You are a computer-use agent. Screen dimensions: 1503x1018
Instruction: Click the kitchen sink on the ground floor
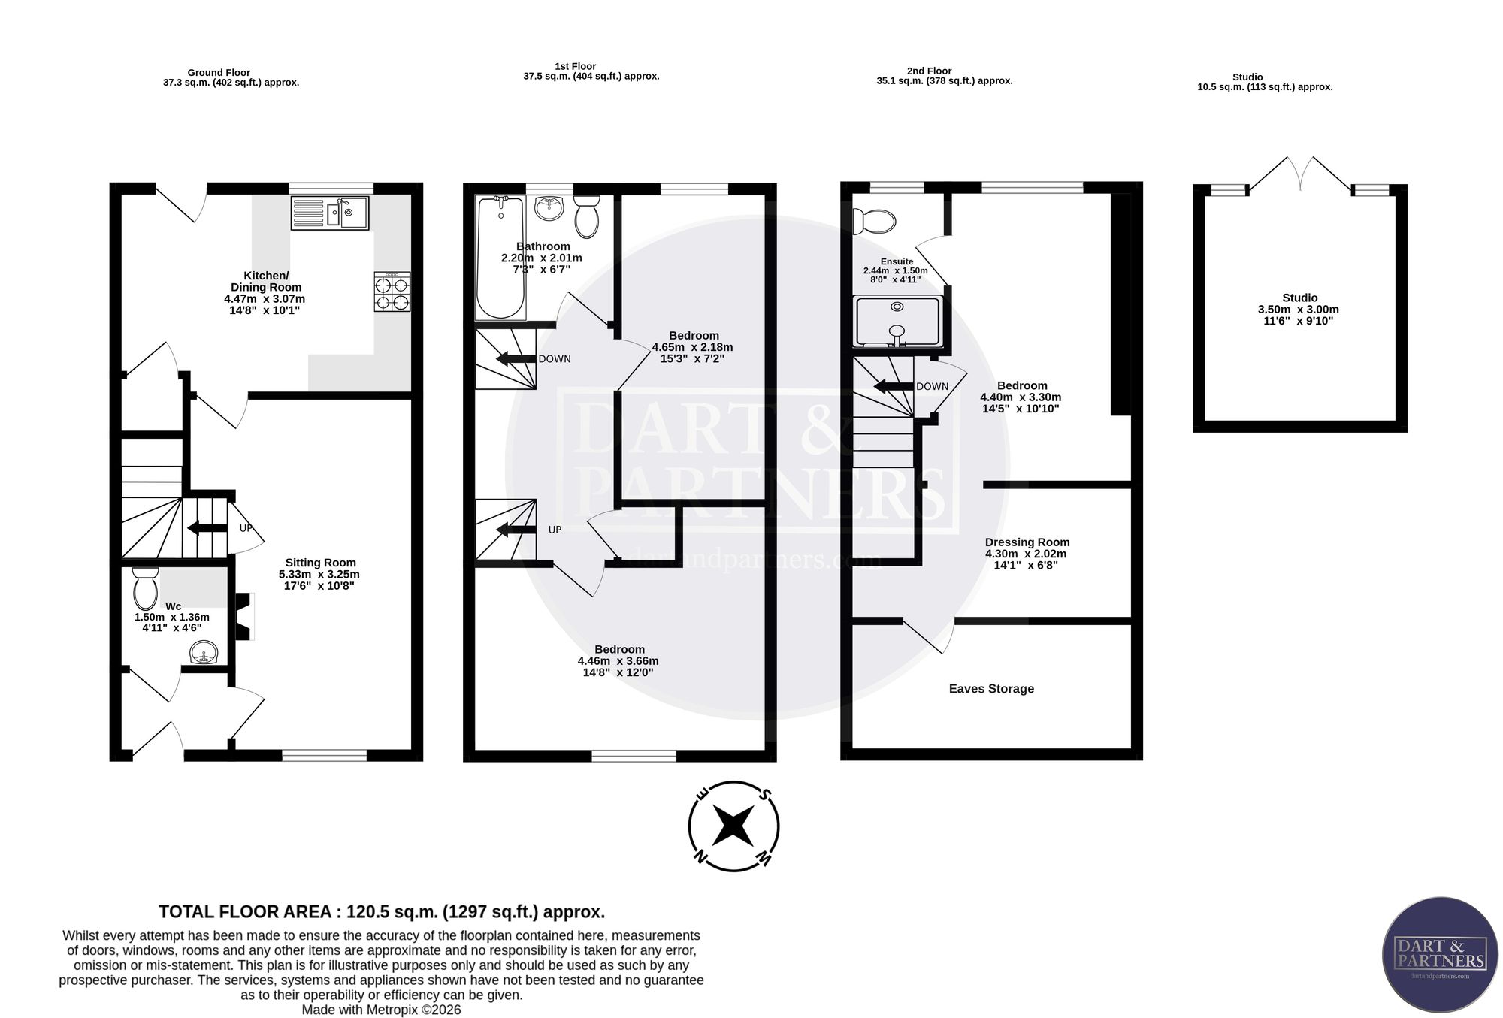pyautogui.click(x=330, y=213)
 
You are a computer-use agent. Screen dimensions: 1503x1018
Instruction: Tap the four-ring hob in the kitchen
pyautogui.click(x=392, y=292)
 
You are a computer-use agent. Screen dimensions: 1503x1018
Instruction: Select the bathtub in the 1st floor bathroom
pyautogui.click(x=500, y=258)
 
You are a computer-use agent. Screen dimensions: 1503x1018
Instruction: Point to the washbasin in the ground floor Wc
pyautogui.click(x=204, y=653)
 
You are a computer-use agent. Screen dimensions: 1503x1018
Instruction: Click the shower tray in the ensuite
pyautogui.click(x=897, y=322)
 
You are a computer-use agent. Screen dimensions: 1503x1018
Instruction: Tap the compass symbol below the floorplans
pyautogui.click(x=733, y=826)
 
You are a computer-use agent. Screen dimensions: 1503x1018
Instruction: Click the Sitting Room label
pyautogui.click(x=320, y=563)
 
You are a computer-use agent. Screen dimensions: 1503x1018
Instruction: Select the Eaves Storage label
pyautogui.click(x=991, y=689)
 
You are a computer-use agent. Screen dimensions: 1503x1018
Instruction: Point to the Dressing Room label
pyautogui.click(x=1027, y=542)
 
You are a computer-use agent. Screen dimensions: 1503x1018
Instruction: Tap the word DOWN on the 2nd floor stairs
pyautogui.click(x=932, y=387)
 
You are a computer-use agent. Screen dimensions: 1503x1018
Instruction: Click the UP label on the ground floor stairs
pyautogui.click(x=246, y=528)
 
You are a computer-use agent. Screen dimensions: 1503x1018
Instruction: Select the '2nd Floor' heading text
pyautogui.click(x=929, y=71)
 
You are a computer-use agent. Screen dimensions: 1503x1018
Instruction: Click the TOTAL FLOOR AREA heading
pyautogui.click(x=382, y=912)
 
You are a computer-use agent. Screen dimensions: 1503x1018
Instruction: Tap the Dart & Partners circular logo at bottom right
pyautogui.click(x=1440, y=965)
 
